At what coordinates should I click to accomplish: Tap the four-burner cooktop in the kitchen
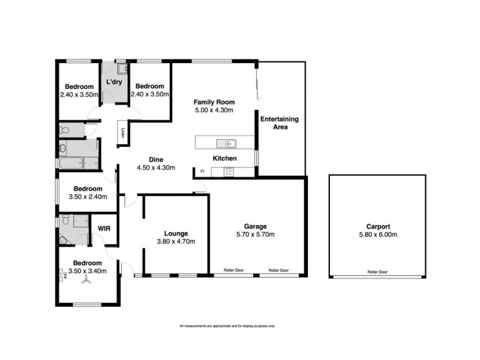click(229, 172)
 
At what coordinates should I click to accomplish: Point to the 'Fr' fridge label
click(202, 172)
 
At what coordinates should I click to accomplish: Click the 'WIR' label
click(104, 229)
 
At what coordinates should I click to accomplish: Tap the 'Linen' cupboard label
click(123, 133)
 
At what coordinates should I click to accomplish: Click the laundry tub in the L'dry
click(121, 69)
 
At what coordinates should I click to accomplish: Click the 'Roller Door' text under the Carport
click(377, 272)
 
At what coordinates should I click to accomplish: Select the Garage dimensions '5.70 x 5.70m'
click(256, 235)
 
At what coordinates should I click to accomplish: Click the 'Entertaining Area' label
click(279, 123)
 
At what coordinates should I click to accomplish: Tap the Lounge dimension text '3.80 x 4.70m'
click(176, 242)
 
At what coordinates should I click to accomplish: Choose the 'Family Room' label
click(214, 101)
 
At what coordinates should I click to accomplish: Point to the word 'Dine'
click(156, 159)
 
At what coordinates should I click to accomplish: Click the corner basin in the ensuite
click(64, 240)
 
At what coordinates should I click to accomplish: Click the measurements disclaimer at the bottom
click(227, 326)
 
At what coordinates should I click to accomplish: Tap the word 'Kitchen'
click(225, 158)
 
